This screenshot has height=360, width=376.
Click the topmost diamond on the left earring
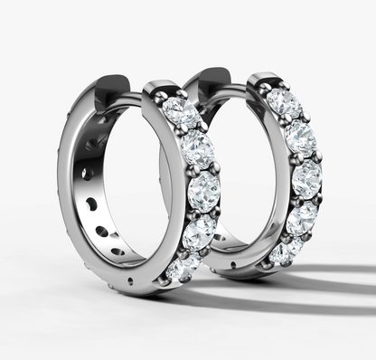coord(180,112)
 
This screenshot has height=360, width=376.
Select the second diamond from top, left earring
coord(196,147)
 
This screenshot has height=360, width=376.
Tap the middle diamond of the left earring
coord(203,190)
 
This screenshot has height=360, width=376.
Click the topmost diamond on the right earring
coord(283,103)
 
